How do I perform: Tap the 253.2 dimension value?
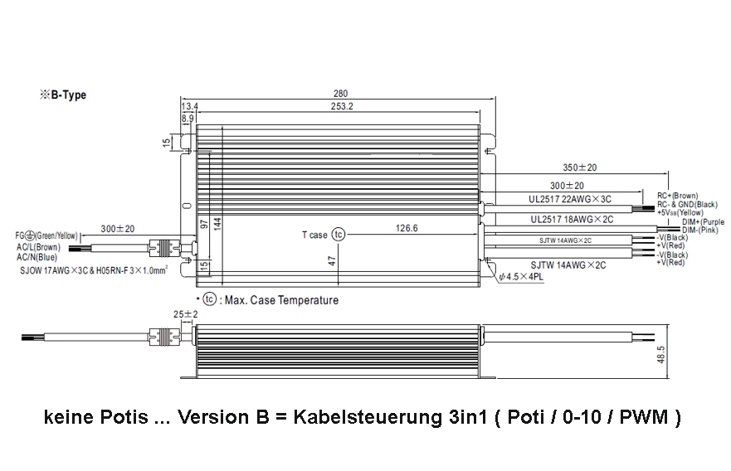tap(341, 106)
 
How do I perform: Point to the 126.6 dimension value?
tap(406, 228)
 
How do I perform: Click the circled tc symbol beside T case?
tap(338, 235)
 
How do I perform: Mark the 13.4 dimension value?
tap(190, 106)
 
